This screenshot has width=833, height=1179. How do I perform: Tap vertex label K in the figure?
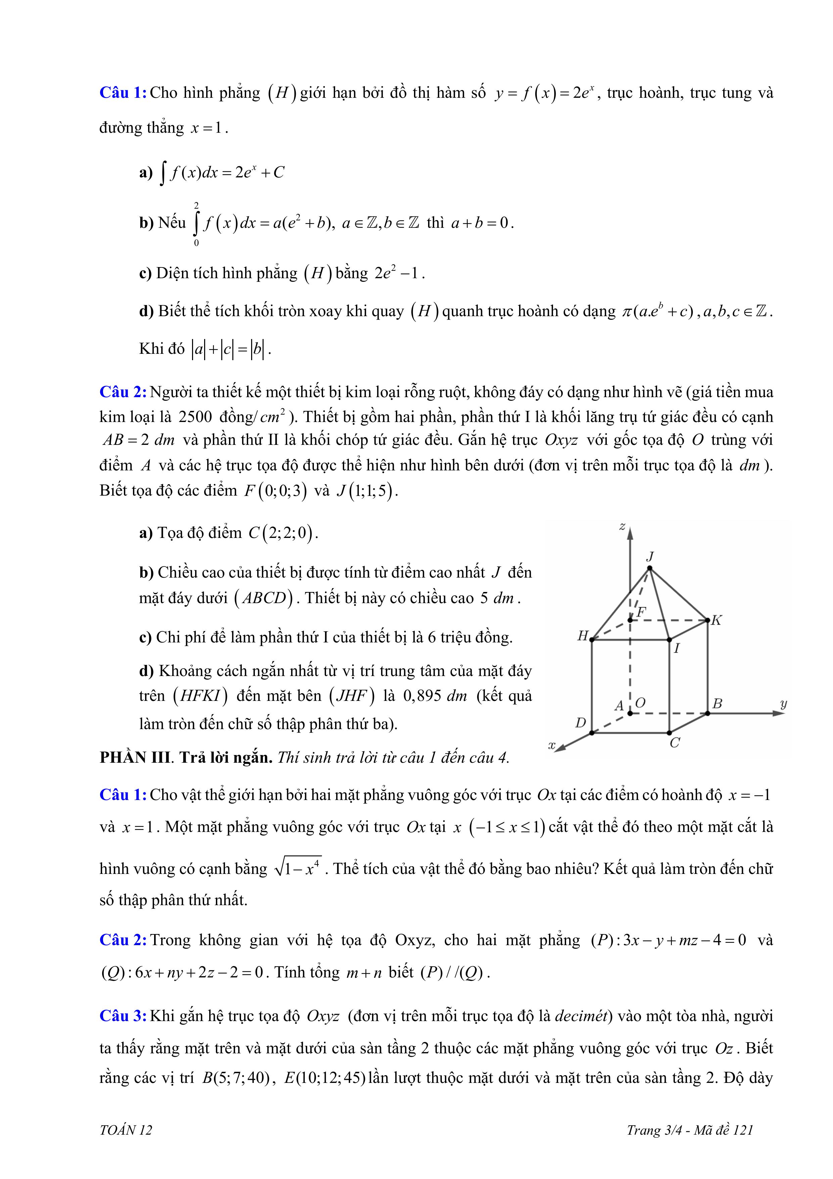click(x=716, y=620)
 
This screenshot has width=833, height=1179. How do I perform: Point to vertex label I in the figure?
click(x=677, y=648)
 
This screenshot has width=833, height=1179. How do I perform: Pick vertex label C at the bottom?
click(x=675, y=743)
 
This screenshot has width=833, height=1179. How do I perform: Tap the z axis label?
click(x=622, y=527)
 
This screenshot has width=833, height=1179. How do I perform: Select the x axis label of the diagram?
click(x=552, y=745)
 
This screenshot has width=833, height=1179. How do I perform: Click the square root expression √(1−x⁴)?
click(x=298, y=868)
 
